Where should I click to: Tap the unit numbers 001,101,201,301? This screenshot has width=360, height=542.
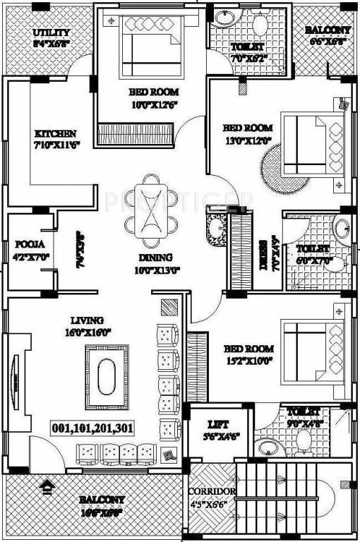[x=93, y=428]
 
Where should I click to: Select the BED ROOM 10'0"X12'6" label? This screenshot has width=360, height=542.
[x=154, y=97]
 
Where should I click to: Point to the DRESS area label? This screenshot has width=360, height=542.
[x=263, y=254]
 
